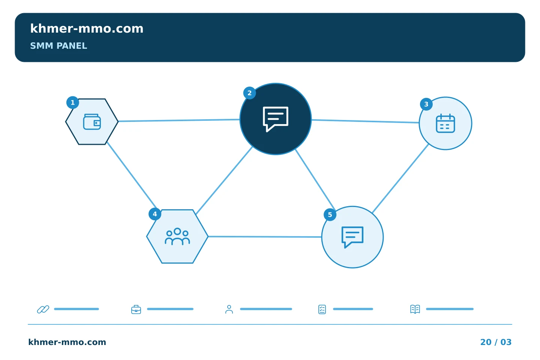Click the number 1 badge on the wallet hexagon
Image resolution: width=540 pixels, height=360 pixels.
click(x=73, y=102)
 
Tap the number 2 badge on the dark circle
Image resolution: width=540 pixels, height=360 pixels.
click(x=249, y=93)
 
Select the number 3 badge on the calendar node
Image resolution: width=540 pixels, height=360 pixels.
click(x=426, y=104)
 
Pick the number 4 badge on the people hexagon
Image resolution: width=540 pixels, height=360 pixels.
click(x=155, y=214)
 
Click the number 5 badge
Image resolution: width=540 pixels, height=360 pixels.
click(x=330, y=214)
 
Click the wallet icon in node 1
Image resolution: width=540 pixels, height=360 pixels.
click(x=92, y=122)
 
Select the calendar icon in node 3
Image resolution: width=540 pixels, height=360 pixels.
click(x=445, y=123)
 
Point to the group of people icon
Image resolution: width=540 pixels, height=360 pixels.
click(x=177, y=236)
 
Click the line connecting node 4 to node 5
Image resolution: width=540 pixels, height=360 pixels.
click(x=265, y=237)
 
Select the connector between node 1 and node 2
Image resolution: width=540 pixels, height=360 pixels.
click(x=179, y=120)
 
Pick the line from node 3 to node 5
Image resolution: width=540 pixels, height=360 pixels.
click(x=400, y=178)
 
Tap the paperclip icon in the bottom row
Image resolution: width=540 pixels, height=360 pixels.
click(x=43, y=309)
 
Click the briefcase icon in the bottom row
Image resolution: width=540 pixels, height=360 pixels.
click(x=136, y=309)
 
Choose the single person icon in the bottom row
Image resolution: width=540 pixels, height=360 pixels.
click(x=229, y=309)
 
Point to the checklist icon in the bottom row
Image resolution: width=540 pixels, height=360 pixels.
click(x=322, y=309)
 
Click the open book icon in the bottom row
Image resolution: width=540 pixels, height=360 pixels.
click(x=415, y=309)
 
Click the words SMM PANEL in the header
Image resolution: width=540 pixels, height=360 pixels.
click(x=58, y=46)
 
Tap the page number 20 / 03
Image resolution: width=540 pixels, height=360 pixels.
click(x=496, y=342)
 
